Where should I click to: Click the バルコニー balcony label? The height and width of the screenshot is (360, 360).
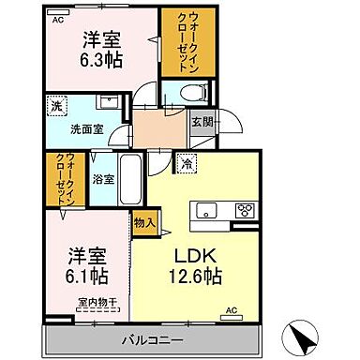150,337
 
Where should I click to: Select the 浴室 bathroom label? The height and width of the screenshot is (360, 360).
102,177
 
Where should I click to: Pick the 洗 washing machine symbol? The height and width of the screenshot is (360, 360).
55,106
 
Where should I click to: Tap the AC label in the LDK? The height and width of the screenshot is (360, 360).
230,311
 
